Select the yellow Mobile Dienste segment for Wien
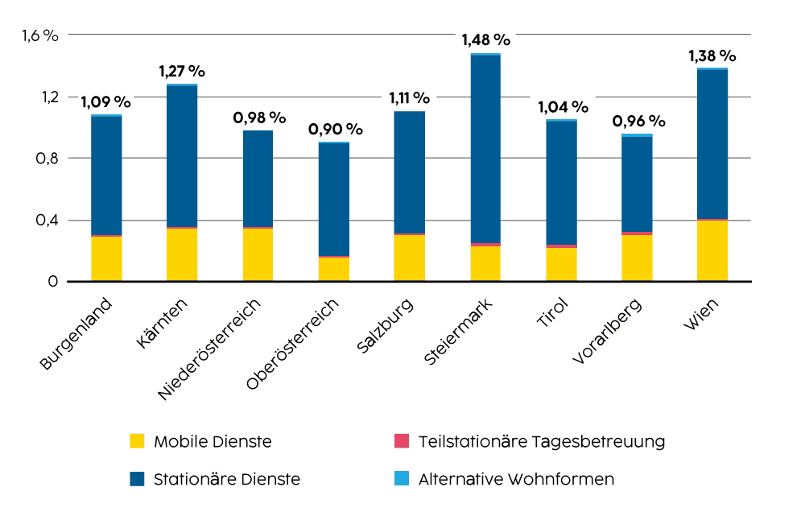pyautogui.click(x=712, y=250)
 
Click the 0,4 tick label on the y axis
pyautogui.click(x=47, y=220)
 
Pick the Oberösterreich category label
pyautogui.click(x=293, y=345)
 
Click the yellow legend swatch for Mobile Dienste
pyautogui.click(x=138, y=441)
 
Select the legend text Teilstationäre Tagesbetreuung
pyautogui.click(x=542, y=441)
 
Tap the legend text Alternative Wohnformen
pyautogui.click(x=516, y=479)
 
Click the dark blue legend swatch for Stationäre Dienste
pyautogui.click(x=138, y=479)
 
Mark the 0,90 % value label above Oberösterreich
pyautogui.click(x=335, y=129)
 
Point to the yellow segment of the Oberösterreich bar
pyautogui.click(x=334, y=269)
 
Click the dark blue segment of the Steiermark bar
pyautogui.click(x=485, y=149)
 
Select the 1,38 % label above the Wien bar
pyautogui.click(x=712, y=56)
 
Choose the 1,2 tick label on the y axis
pyautogui.click(x=47, y=97)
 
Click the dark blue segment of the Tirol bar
pyautogui.click(x=561, y=182)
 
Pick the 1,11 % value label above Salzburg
pyautogui.click(x=409, y=98)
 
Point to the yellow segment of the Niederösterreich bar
pyautogui.click(x=258, y=254)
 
